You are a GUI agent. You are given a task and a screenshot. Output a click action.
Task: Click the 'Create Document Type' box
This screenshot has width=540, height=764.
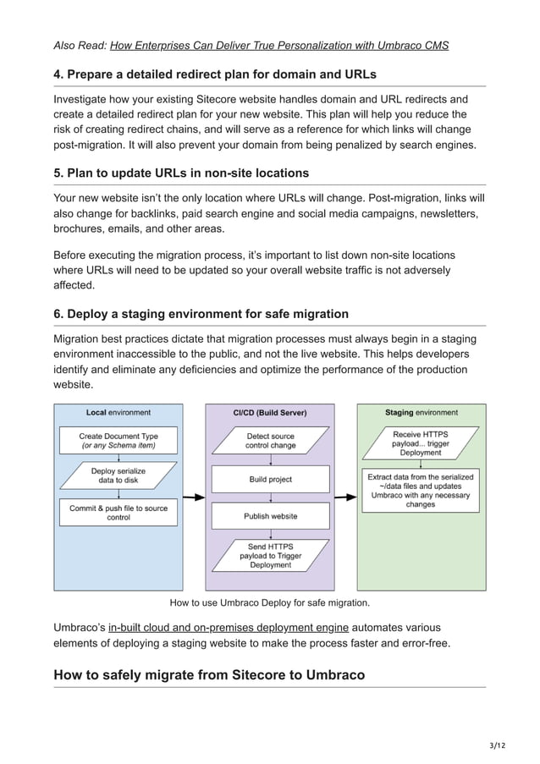[x=118, y=440]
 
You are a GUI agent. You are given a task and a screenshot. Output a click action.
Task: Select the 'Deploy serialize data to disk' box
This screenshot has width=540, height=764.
[x=118, y=476]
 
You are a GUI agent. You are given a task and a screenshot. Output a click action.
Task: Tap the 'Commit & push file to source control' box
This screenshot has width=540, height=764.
[x=118, y=512]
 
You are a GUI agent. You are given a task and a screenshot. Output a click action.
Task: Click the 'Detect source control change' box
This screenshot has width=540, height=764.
[x=270, y=440]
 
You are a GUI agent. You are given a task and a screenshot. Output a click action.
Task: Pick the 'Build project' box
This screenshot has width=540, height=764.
[x=270, y=479]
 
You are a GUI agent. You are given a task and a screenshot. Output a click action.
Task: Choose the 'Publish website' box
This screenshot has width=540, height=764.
[x=270, y=515]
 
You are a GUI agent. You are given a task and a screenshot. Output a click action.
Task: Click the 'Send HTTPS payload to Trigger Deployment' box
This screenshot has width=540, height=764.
[x=270, y=556]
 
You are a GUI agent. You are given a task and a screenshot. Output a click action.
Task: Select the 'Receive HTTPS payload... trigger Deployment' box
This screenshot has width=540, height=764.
[x=421, y=443]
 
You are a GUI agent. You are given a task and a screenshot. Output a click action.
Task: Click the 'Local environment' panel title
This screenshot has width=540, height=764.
[x=118, y=413]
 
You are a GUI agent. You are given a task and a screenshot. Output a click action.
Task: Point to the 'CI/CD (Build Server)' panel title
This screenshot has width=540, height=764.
[x=270, y=413]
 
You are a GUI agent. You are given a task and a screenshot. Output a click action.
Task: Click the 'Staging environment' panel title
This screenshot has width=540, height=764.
[x=421, y=413]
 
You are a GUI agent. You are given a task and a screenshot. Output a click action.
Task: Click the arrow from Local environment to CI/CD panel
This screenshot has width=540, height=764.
[x=194, y=497]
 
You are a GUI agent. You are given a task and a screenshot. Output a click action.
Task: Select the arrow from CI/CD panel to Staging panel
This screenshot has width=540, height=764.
[x=345, y=497]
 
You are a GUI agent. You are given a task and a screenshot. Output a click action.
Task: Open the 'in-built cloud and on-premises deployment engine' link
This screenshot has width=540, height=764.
[x=229, y=627]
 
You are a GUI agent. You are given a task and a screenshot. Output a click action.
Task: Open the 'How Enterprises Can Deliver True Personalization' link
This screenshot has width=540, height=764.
[x=279, y=45]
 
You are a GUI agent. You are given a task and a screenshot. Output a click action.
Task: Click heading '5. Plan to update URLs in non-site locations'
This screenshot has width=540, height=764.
[x=181, y=173]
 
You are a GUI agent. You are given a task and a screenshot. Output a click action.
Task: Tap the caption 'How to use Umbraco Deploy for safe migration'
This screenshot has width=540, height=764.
[x=270, y=602]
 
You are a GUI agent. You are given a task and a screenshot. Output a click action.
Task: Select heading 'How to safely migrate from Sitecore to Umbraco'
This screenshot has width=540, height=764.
[x=209, y=674]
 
